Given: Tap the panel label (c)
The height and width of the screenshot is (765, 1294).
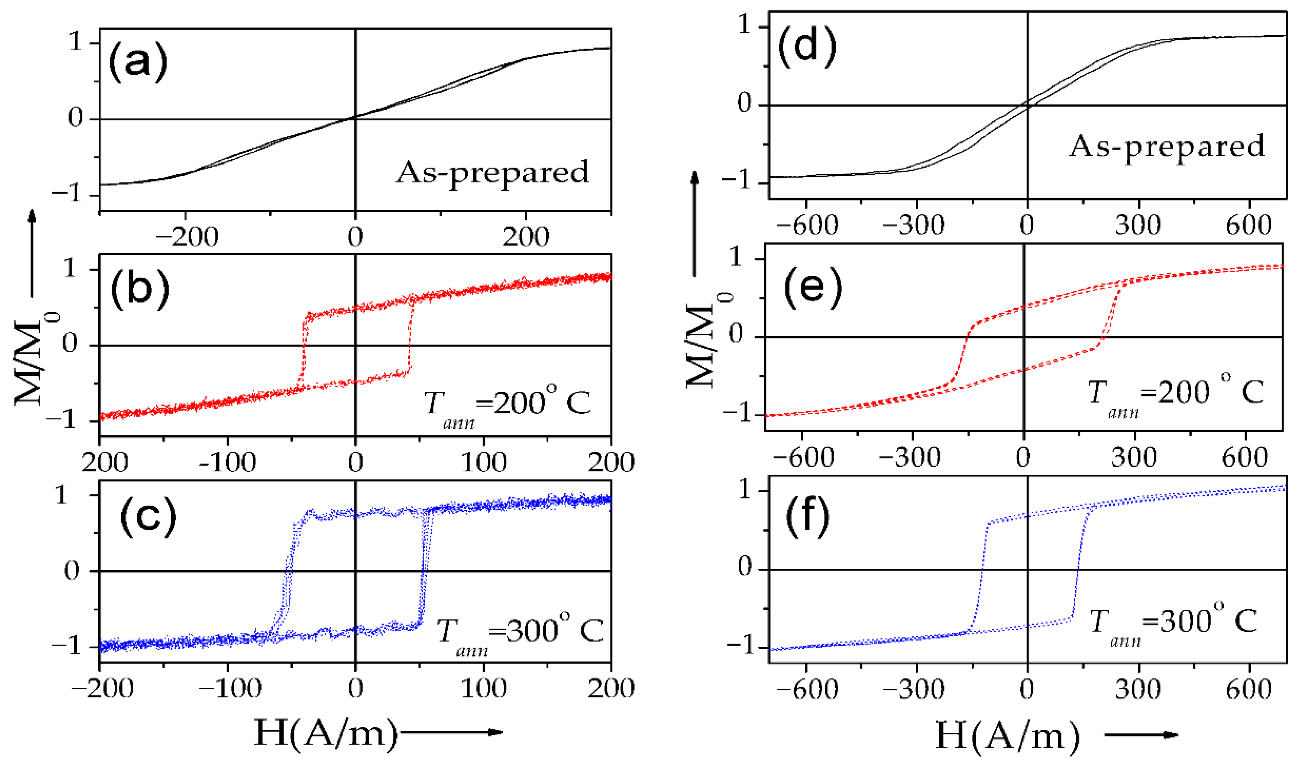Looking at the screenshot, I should point(148,517).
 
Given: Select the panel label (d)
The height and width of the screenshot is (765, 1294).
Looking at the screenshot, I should point(807,48).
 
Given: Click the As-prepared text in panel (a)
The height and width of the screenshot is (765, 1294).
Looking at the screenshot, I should point(492,173).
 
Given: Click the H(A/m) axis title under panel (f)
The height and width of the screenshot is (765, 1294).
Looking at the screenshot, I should point(1007,736).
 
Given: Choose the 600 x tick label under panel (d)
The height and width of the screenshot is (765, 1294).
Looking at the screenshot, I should point(1248,226).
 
